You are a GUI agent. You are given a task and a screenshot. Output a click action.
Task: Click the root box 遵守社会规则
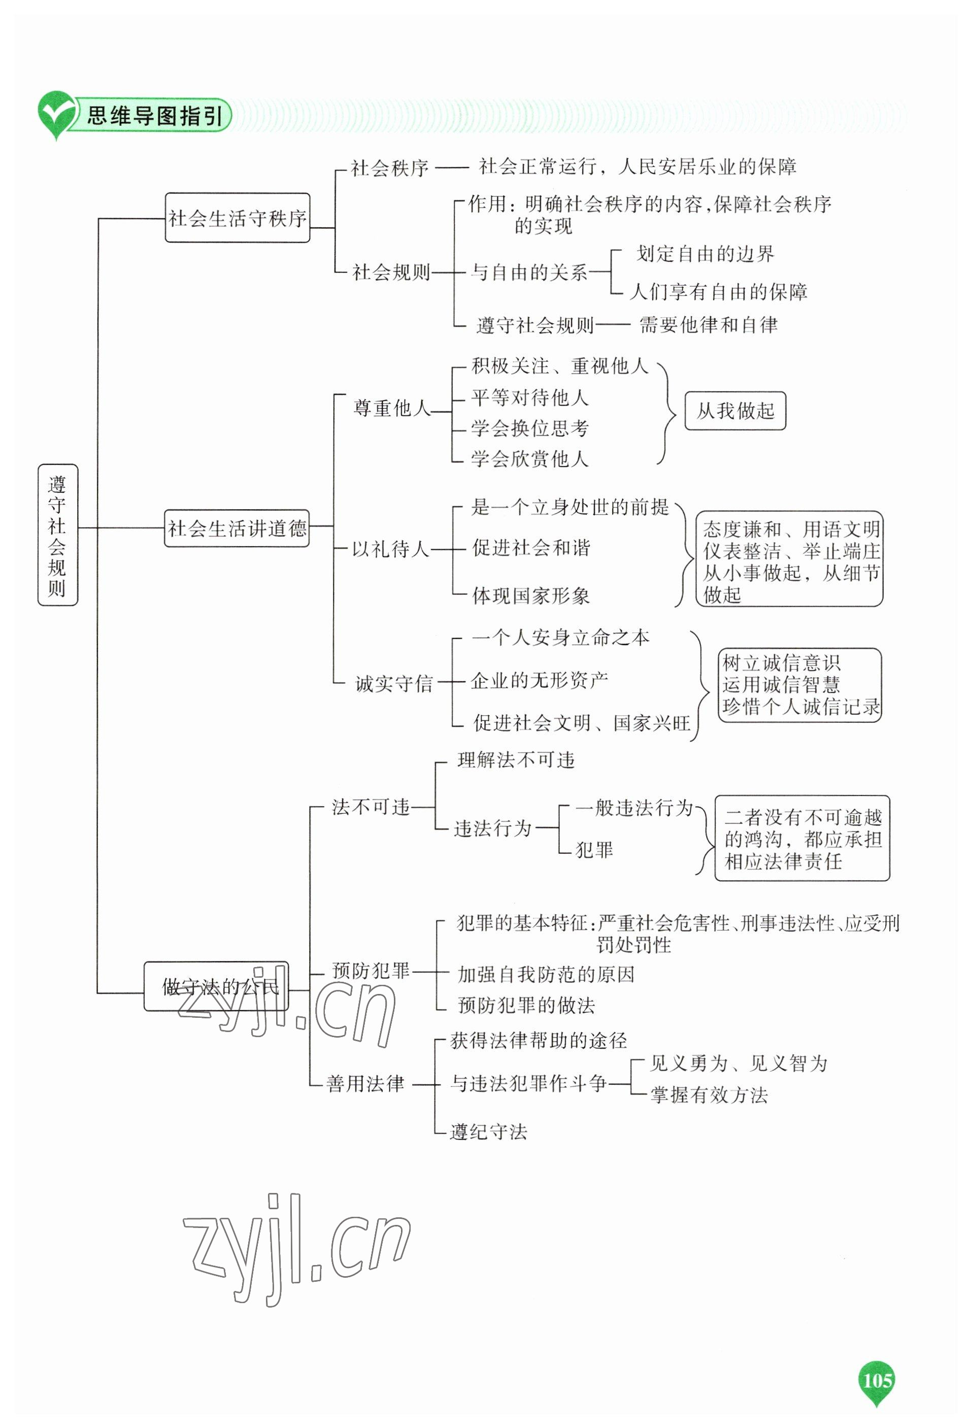tap(57, 535)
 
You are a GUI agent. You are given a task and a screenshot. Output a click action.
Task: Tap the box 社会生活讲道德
tap(237, 528)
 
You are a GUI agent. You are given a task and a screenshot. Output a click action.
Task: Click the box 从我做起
tap(735, 411)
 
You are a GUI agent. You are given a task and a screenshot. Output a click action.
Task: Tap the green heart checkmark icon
tap(56, 114)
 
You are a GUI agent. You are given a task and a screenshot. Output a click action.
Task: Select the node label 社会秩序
tap(389, 168)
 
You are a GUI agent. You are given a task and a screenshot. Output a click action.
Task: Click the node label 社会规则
tap(391, 272)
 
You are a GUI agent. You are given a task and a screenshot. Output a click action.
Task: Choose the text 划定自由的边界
tap(705, 254)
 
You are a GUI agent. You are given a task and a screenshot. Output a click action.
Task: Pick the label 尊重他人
tap(392, 408)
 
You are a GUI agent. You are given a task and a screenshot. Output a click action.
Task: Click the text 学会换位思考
tap(529, 428)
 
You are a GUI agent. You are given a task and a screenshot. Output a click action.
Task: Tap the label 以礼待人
tap(390, 549)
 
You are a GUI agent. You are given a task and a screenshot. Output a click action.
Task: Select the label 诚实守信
tap(394, 683)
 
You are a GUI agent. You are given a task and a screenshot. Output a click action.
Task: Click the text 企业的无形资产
tap(539, 680)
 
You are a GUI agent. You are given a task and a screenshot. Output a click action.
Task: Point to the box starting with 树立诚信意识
tap(799, 684)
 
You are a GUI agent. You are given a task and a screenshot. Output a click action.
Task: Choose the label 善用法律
tap(365, 1083)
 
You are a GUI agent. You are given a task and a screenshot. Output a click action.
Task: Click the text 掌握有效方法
tap(709, 1094)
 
